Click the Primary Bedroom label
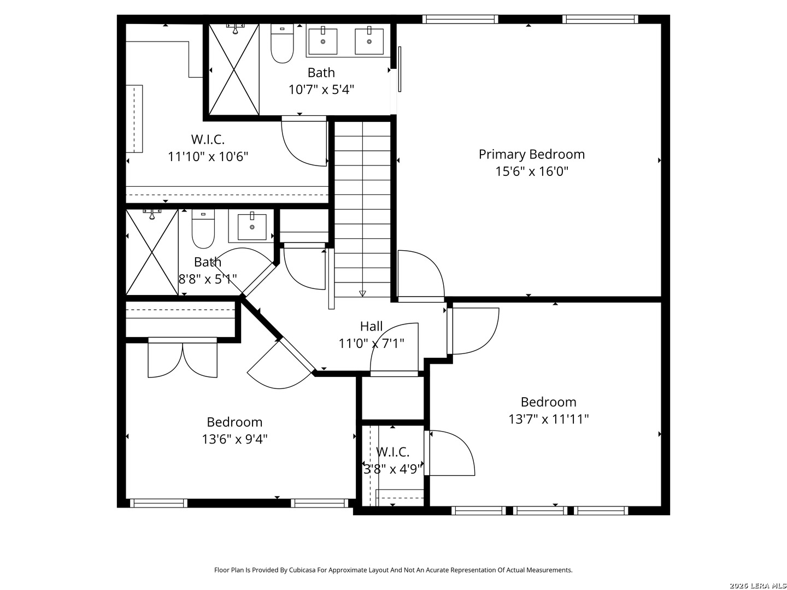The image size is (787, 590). point(531,155)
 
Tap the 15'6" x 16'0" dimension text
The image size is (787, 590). point(531,172)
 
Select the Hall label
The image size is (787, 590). point(371,326)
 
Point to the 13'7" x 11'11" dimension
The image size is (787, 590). point(548,419)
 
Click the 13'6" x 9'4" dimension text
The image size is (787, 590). point(234,439)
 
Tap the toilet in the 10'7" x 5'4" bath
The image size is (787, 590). point(282,43)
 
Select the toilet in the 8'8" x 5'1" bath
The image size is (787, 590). point(203,229)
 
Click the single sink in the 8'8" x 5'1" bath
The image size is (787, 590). point(252,226)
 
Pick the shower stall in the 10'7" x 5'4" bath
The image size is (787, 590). point(234,69)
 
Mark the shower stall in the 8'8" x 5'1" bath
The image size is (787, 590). point(152,252)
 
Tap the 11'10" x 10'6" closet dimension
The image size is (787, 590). point(208,157)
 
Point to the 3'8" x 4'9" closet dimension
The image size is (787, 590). point(392,469)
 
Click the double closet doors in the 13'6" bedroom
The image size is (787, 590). point(183,358)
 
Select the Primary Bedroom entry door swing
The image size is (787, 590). point(421,274)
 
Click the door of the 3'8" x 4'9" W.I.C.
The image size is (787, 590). point(450,453)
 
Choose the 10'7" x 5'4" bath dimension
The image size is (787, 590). point(321,90)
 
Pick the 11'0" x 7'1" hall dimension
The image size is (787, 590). point(372,344)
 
